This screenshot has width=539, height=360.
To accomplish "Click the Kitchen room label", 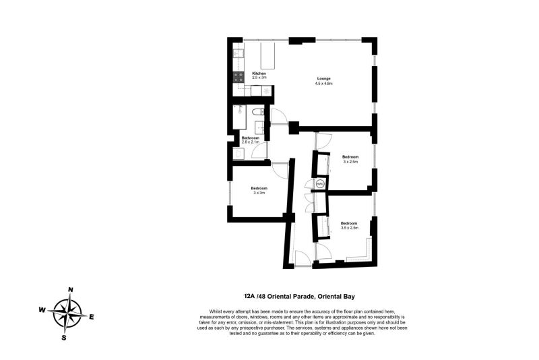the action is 259,73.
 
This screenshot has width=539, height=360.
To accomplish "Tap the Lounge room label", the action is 323,79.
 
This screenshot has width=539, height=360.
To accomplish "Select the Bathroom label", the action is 250,138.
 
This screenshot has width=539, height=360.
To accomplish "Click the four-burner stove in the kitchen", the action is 239,78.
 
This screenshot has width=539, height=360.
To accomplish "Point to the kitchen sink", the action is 239,53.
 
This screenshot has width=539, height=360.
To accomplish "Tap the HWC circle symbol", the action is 320,184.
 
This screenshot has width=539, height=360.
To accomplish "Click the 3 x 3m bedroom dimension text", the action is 259,193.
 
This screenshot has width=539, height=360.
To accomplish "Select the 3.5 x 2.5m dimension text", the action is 350,228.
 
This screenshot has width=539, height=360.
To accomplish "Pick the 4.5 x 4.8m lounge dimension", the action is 324,84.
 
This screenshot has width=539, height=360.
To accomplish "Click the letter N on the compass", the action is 71,289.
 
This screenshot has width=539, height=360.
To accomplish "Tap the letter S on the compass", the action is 64,338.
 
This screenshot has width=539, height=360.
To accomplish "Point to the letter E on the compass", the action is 92,317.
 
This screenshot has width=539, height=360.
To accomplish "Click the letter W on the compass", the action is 42,310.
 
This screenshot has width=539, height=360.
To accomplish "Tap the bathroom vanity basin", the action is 259,127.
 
